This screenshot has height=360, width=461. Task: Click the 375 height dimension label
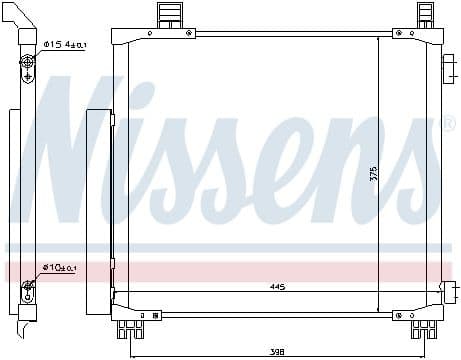click(x=372, y=171)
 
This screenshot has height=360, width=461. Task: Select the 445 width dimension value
click(x=277, y=288)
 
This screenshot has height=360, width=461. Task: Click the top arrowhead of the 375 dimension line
click(x=378, y=40)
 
